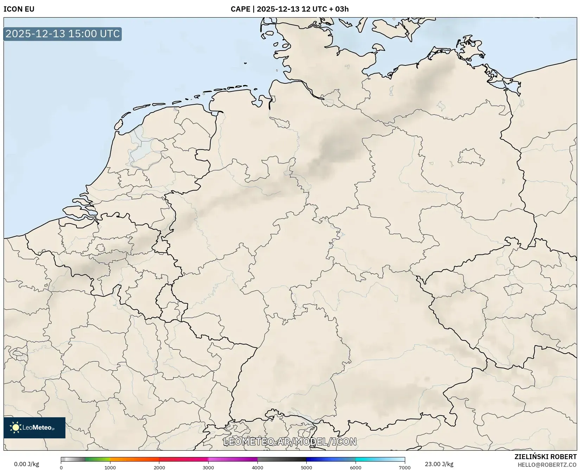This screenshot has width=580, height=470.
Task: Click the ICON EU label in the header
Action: click(19, 9)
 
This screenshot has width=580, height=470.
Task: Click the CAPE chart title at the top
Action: click(289, 9)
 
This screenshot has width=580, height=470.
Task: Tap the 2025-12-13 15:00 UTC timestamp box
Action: click(63, 34)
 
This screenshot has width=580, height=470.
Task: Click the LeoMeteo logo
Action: click(34, 427)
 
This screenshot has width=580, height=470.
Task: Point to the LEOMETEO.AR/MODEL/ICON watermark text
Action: click(290, 442)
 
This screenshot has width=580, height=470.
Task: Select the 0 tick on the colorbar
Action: click(61, 467)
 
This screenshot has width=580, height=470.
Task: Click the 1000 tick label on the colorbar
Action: click(110, 467)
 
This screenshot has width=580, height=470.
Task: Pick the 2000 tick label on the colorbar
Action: click(159, 467)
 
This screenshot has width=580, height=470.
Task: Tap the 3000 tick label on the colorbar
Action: click(208, 467)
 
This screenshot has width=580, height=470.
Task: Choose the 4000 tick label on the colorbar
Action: click(257, 467)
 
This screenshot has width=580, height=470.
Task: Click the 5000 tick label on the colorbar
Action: click(306, 467)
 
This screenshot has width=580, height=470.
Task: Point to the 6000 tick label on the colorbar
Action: click(356, 467)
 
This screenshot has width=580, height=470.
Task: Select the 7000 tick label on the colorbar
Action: click(404, 467)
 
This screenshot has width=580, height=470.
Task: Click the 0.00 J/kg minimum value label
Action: click(26, 464)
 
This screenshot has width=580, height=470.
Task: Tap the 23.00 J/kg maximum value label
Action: click(439, 464)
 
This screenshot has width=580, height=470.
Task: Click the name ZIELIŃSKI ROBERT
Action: click(546, 457)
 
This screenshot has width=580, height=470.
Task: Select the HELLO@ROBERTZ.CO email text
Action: click(547, 465)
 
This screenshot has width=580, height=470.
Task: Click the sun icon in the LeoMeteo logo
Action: click(15, 427)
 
